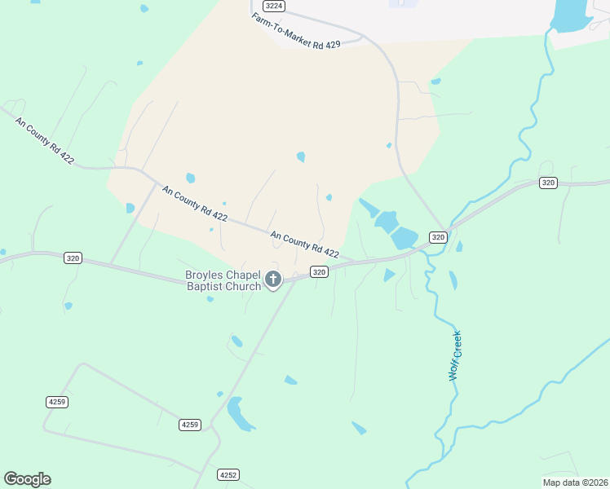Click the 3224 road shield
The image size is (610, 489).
pos(275,6)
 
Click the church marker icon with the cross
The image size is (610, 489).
pos(273,280)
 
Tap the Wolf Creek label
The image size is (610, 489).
pos(455,355)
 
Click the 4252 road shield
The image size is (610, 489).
pos(228,474)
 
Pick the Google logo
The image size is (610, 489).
pos(27,479)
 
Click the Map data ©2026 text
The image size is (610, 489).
pos(574,482)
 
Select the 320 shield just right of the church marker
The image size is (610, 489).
pos(319,271)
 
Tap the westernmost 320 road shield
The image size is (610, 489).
pos(73,258)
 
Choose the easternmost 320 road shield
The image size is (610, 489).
pos(548,183)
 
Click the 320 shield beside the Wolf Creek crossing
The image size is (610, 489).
pos(438,237)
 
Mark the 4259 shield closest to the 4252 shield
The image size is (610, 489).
pos(189,425)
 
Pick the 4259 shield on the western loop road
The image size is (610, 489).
pos(55,402)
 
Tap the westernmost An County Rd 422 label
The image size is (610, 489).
pos(44,140)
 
